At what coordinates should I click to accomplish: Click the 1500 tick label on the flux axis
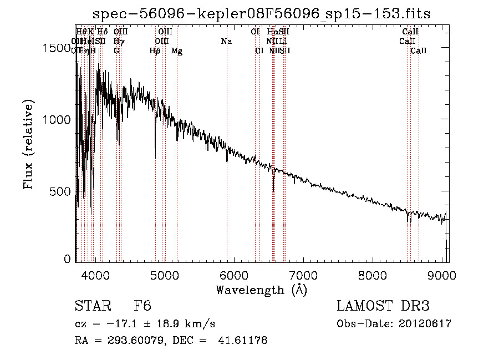coord(57,48)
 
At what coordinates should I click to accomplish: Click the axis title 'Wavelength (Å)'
coord(261,290)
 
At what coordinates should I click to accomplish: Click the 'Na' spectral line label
coord(226,41)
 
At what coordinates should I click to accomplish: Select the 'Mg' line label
coord(177,51)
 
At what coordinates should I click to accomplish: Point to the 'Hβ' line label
coord(155,51)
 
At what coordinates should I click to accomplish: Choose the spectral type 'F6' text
coord(142,306)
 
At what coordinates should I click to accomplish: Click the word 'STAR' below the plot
coord(93,306)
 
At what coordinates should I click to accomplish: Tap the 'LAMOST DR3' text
coord(383,306)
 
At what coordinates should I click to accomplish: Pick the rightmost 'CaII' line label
coord(419,51)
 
